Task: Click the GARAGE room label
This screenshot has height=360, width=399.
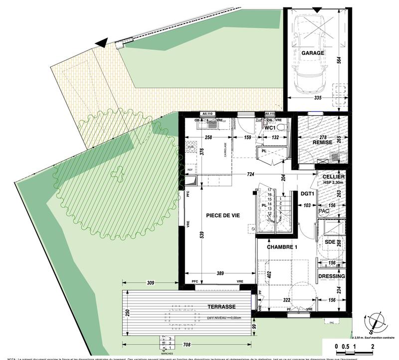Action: point(313,53)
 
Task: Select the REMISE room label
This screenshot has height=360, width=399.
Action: point(323,142)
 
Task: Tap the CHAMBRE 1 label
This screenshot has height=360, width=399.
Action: point(282,247)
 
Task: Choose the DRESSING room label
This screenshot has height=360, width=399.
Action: point(331,276)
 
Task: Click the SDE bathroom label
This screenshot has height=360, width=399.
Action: point(331,242)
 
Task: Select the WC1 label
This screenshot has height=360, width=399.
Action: point(270,128)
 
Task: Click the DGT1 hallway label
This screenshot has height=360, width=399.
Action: point(306,194)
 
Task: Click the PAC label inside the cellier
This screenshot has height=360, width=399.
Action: point(324,211)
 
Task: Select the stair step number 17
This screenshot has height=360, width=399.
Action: point(270,190)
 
